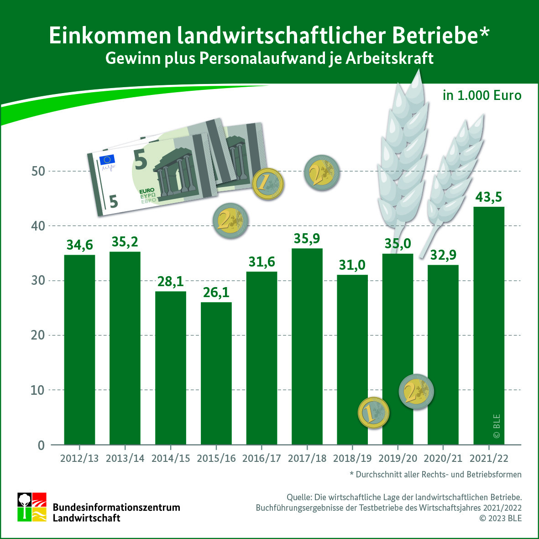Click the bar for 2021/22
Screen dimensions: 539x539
click(x=489, y=325)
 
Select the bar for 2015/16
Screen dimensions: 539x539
click(x=216, y=373)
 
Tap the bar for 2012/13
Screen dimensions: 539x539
click(x=79, y=350)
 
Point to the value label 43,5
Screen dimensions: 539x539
click(x=489, y=197)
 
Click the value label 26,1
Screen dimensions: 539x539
click(x=216, y=292)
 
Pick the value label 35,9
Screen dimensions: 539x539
click(x=307, y=239)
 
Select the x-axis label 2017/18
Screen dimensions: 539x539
click(x=307, y=458)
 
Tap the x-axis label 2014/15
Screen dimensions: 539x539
click(x=171, y=458)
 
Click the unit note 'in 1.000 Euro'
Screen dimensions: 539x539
click(x=482, y=95)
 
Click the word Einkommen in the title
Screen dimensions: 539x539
click(x=110, y=36)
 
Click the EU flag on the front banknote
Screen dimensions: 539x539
click(x=108, y=160)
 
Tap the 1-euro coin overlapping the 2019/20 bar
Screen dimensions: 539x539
click(x=373, y=413)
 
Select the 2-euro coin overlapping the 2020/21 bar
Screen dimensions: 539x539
click(x=416, y=391)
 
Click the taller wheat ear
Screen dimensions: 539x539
click(x=402, y=151)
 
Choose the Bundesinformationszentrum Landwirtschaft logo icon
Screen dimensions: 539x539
click(x=32, y=507)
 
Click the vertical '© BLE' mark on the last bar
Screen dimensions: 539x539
click(x=497, y=426)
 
